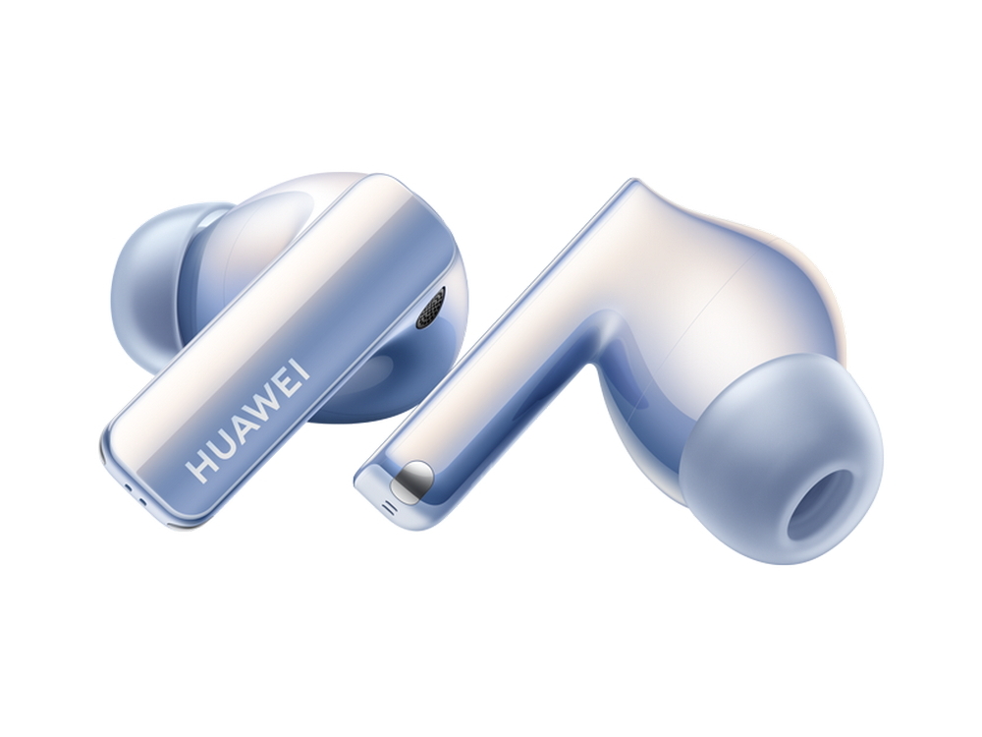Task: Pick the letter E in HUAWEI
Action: [x=292, y=378]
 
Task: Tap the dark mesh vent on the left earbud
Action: [x=431, y=308]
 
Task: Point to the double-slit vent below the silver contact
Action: [x=389, y=506]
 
